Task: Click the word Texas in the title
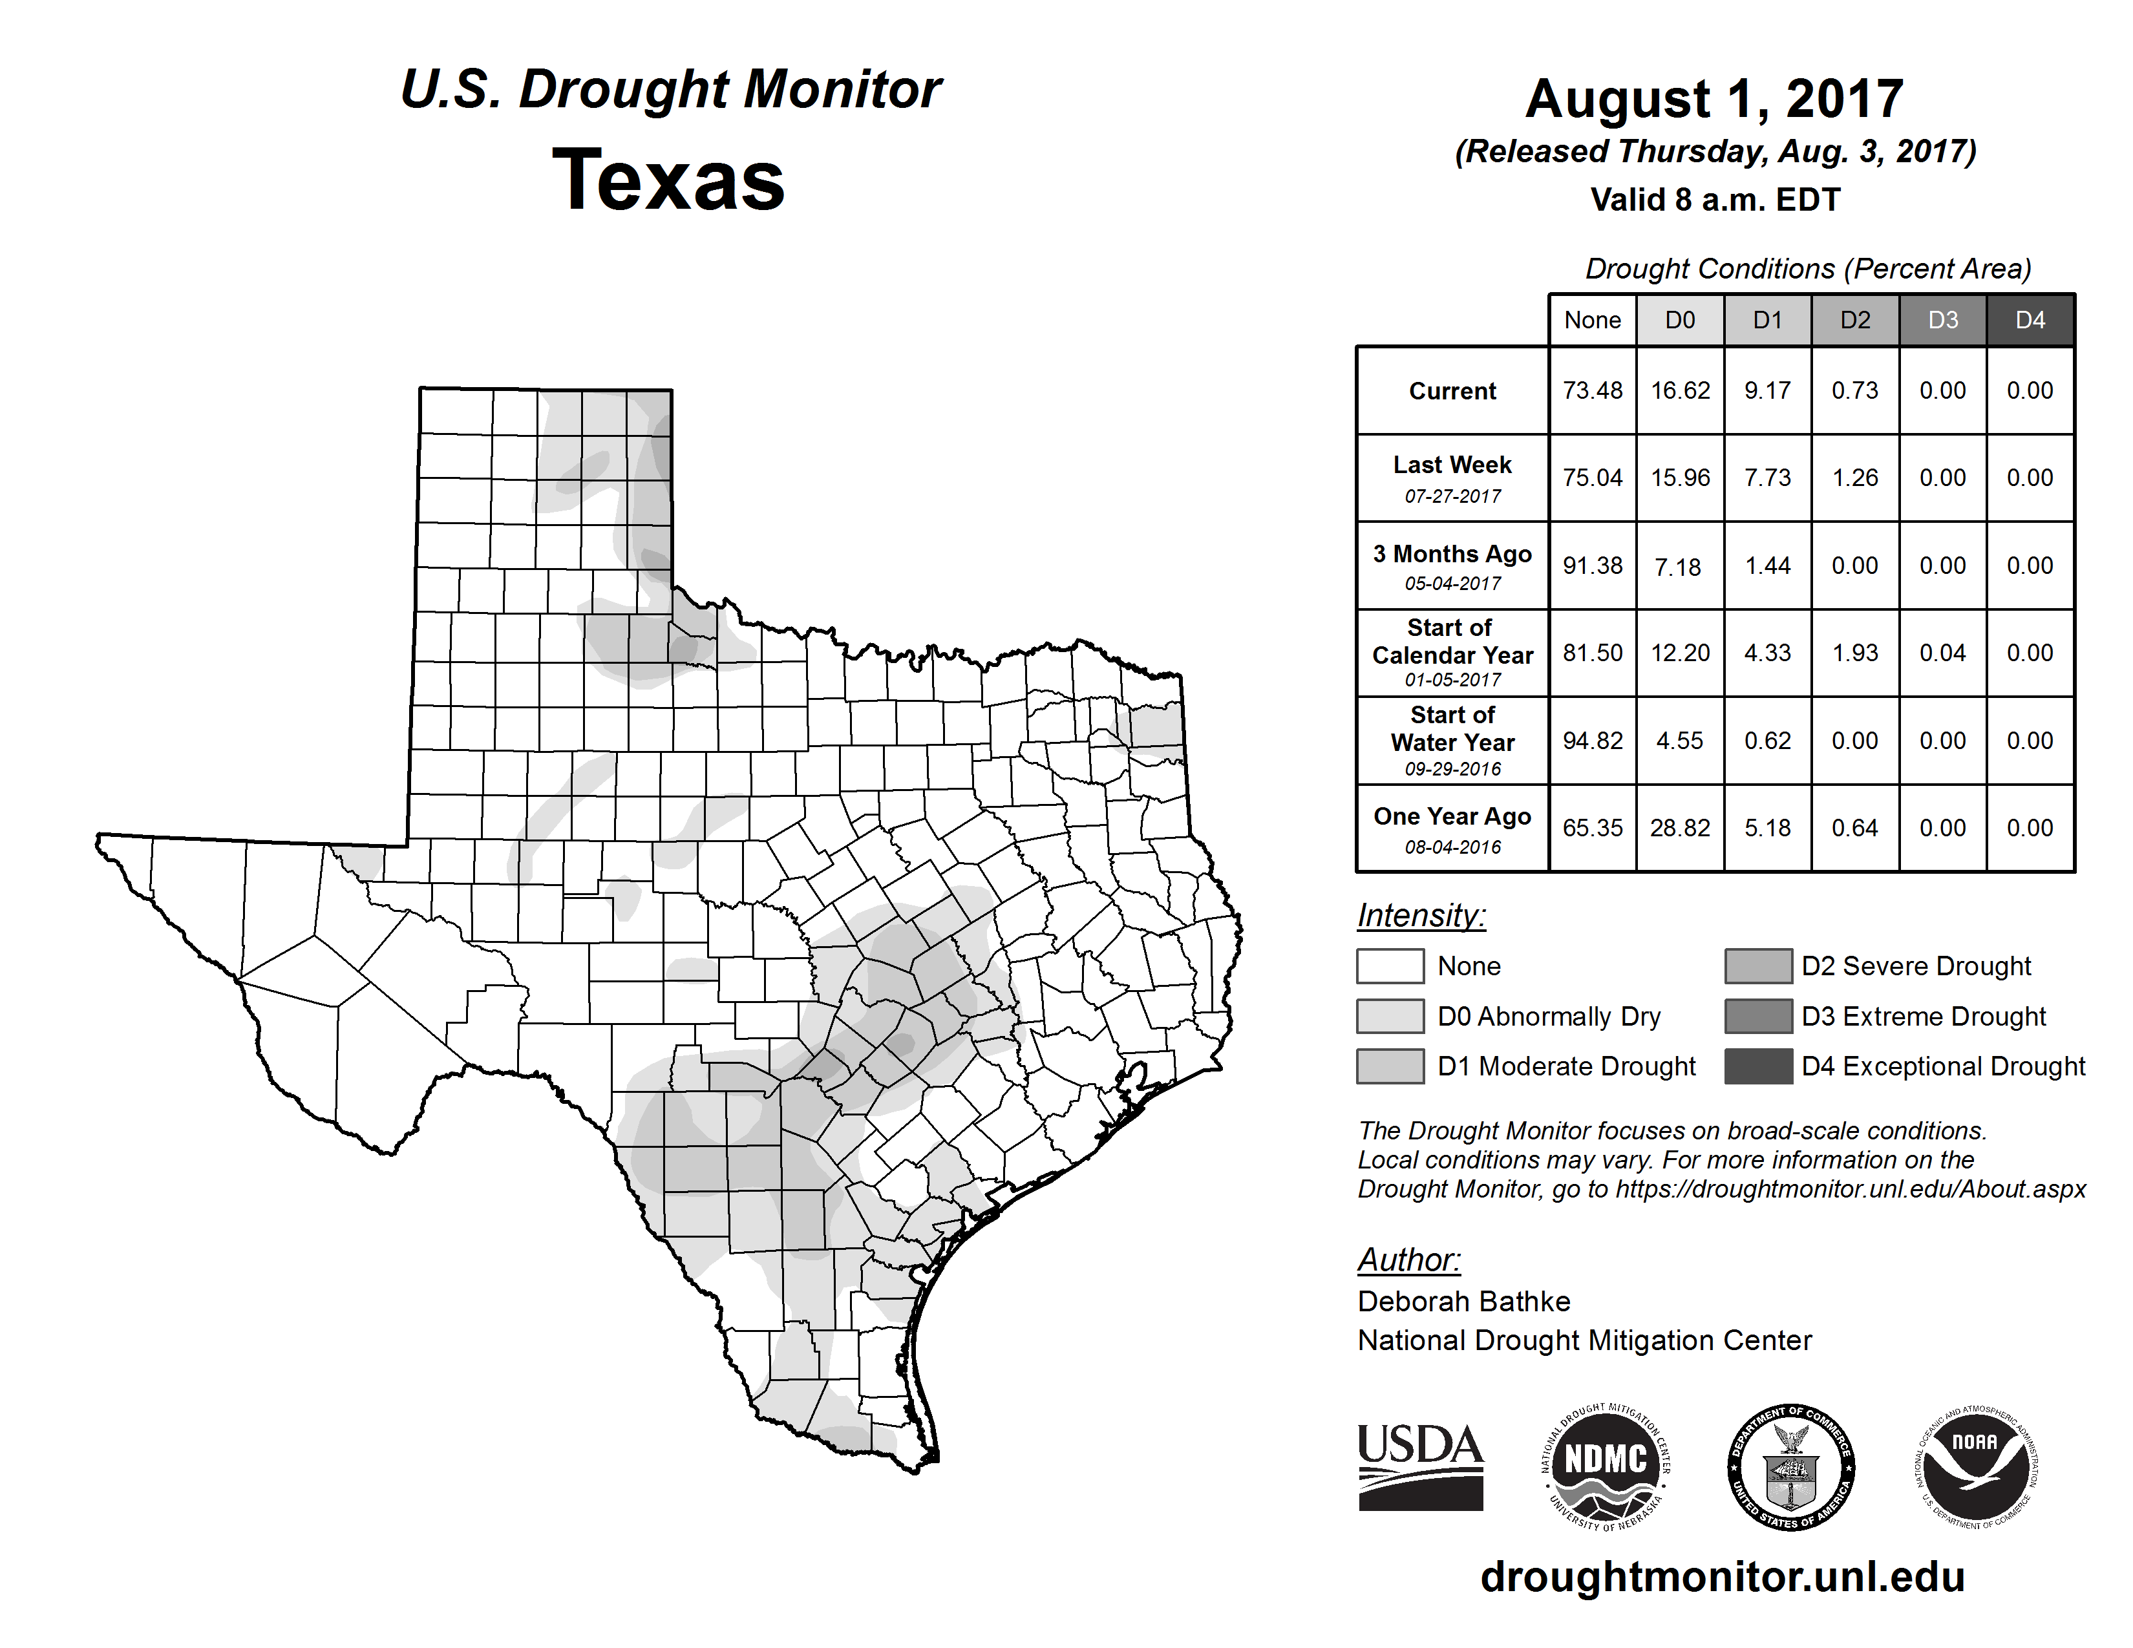tap(668, 180)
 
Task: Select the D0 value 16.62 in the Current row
tap(1680, 390)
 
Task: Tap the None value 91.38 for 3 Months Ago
tap(1592, 565)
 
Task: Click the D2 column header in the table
tap(1854, 320)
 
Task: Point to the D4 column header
tap(2030, 320)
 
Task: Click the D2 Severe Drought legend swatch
tap(1758, 966)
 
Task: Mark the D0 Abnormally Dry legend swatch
tap(1390, 1015)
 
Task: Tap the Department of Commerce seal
tap(1790, 1466)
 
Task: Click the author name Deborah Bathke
tap(1463, 1302)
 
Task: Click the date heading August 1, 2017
tap(1714, 99)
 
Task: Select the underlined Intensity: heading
tap(1421, 916)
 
